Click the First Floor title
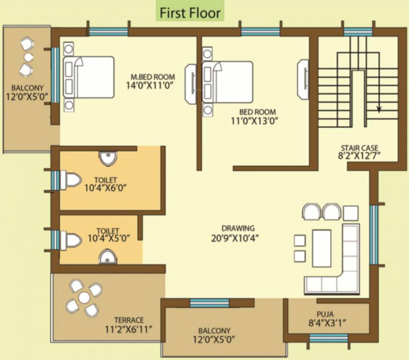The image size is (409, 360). pos(190,13)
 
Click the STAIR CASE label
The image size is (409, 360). pos(360,148)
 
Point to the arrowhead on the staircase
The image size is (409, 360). pos(379,110)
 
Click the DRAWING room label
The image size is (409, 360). pos(238,228)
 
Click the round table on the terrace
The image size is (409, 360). pos(84,298)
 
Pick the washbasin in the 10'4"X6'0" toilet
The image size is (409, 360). pos(108,158)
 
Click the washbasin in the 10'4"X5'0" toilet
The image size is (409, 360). pos(108,256)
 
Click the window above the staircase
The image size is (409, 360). pos(358,32)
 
